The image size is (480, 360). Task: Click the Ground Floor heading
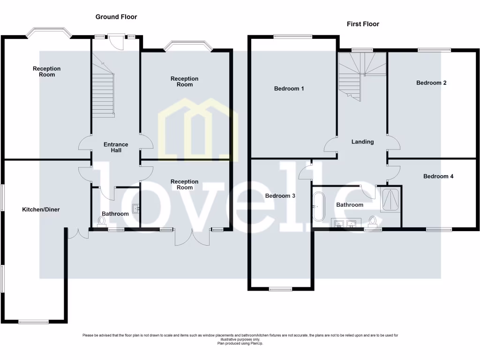pos(116,17)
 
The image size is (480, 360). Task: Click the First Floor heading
pos(363,24)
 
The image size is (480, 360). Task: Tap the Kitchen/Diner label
pos(41,210)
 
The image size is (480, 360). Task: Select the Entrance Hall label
pos(116,147)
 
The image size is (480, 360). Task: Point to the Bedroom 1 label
pos(289,89)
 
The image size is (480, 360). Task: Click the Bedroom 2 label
pos(431,83)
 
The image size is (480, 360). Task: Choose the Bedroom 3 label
pos(280,196)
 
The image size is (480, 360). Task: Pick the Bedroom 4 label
pos(438,177)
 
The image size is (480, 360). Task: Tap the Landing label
pos(363,142)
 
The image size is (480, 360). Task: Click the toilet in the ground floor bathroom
pos(102,223)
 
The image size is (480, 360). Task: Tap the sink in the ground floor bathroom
pos(136,208)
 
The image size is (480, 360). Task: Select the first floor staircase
pos(361,75)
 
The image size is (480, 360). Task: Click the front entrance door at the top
pos(115,41)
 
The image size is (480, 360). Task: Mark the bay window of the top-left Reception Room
pos(49,33)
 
